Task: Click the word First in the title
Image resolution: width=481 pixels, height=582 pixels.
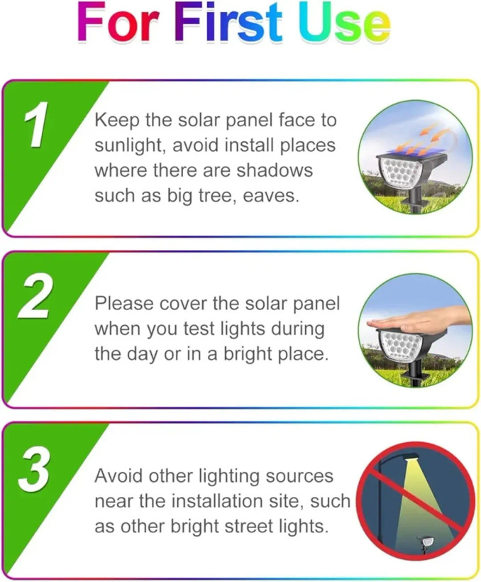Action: point(228,22)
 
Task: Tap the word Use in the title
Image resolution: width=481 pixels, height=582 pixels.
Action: point(345,22)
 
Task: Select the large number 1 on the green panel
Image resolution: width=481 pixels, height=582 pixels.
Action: point(36,124)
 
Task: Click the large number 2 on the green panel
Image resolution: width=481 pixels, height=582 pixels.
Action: point(34,295)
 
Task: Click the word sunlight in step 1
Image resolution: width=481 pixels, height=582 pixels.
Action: point(128,145)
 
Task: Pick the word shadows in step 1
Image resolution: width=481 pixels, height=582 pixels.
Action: point(275,170)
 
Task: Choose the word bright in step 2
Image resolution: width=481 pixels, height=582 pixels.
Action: point(247,354)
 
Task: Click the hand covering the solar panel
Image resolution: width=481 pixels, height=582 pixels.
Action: point(419,319)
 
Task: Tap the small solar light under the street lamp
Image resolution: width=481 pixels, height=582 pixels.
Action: point(426,544)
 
